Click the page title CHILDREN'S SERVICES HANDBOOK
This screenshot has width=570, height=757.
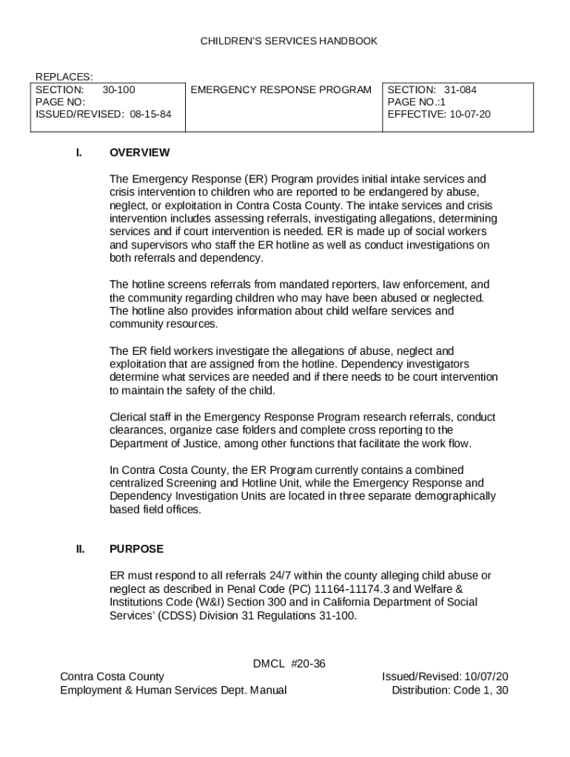pos(289,41)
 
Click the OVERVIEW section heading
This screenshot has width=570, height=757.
pos(139,153)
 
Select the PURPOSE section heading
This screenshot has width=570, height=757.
pos(136,549)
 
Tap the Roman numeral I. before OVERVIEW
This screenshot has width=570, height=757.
pos(78,153)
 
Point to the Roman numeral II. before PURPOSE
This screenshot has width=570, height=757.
pos(79,549)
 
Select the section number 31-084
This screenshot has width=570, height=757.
pos(460,90)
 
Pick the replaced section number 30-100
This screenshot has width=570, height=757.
pos(118,90)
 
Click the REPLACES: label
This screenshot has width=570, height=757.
pos(64,77)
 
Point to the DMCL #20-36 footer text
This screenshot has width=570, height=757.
pos(289,663)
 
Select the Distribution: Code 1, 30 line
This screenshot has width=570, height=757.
pos(449,690)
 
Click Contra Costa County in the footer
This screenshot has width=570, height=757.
pos(112,676)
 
